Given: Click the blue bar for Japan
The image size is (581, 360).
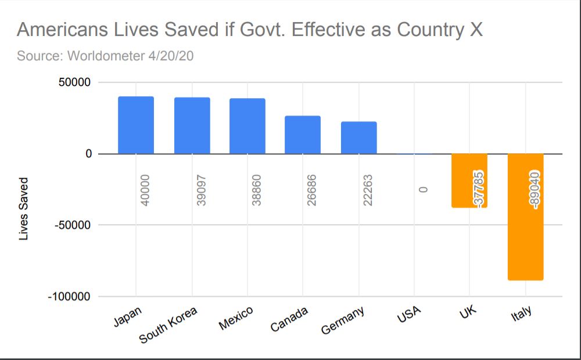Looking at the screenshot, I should [136, 125].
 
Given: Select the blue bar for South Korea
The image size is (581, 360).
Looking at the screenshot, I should [192, 125].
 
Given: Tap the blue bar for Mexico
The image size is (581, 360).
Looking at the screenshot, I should [247, 126].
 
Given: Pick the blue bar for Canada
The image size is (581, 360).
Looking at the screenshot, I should [302, 135].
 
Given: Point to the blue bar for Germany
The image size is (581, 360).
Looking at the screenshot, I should [358, 138].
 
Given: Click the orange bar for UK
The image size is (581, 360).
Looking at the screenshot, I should [469, 181].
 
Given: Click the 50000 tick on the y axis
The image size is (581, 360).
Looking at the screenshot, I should [74, 82].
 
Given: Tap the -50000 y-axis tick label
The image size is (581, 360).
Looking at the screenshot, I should [72, 225].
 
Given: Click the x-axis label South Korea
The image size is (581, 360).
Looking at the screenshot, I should [168, 325].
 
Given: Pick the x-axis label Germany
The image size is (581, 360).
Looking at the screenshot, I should [342, 320].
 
